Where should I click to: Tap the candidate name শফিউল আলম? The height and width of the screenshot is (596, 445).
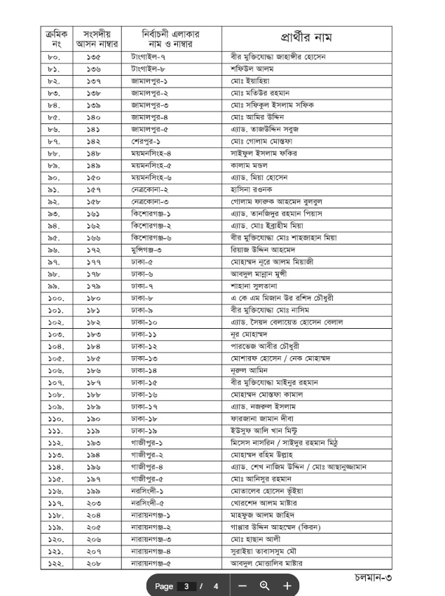252,69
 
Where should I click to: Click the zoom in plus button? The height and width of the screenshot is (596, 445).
287,585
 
